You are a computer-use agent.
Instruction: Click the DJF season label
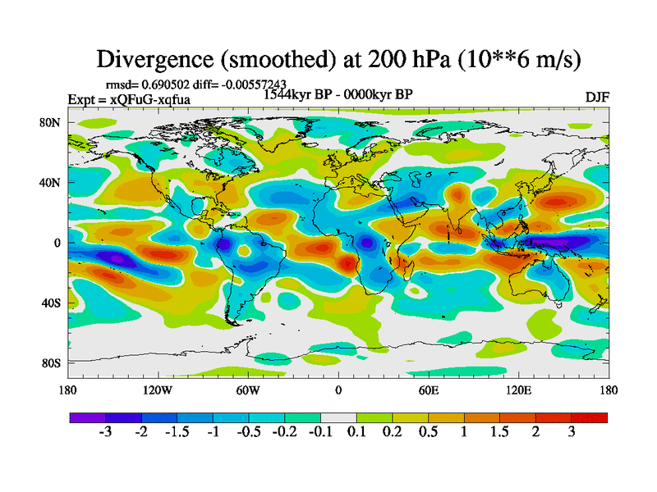(x=596, y=97)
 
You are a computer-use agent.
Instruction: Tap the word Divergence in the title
(x=157, y=59)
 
